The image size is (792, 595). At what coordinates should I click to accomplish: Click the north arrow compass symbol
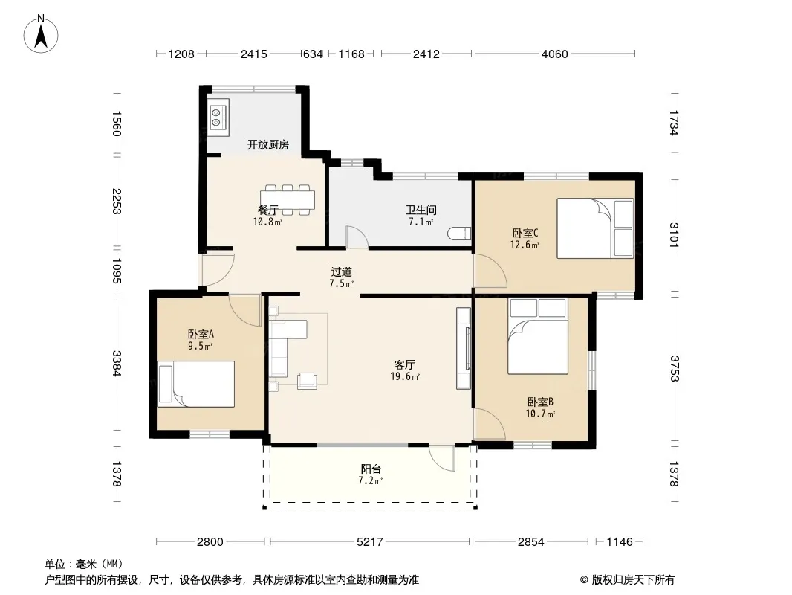(x=41, y=33)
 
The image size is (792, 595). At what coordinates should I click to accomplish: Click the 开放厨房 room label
(x=267, y=145)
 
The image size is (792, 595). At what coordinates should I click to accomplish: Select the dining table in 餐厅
(x=288, y=199)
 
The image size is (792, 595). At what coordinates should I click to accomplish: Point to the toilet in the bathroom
(x=459, y=234)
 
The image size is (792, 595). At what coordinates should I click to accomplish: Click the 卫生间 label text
(x=421, y=210)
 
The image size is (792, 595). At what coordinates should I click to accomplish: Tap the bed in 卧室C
(x=595, y=228)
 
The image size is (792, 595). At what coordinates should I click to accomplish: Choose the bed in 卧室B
(x=538, y=336)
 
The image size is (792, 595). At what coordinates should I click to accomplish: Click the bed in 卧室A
(x=196, y=384)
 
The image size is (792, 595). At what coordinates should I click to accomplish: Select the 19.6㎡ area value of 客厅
(x=405, y=376)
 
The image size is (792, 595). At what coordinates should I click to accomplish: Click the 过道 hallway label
(x=342, y=272)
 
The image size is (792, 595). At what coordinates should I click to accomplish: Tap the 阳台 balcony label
(x=371, y=469)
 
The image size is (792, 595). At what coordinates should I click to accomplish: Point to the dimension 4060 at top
(x=554, y=54)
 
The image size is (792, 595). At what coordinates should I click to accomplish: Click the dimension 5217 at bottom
(x=370, y=542)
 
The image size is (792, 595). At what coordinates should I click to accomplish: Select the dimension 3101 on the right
(x=675, y=234)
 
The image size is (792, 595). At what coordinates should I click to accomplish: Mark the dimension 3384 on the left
(x=117, y=364)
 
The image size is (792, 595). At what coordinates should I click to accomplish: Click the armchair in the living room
(x=307, y=380)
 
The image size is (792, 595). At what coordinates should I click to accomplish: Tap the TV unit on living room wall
(x=464, y=348)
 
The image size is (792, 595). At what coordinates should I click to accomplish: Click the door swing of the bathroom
(x=357, y=237)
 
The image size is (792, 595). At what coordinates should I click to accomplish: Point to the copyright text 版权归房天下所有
(x=633, y=580)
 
